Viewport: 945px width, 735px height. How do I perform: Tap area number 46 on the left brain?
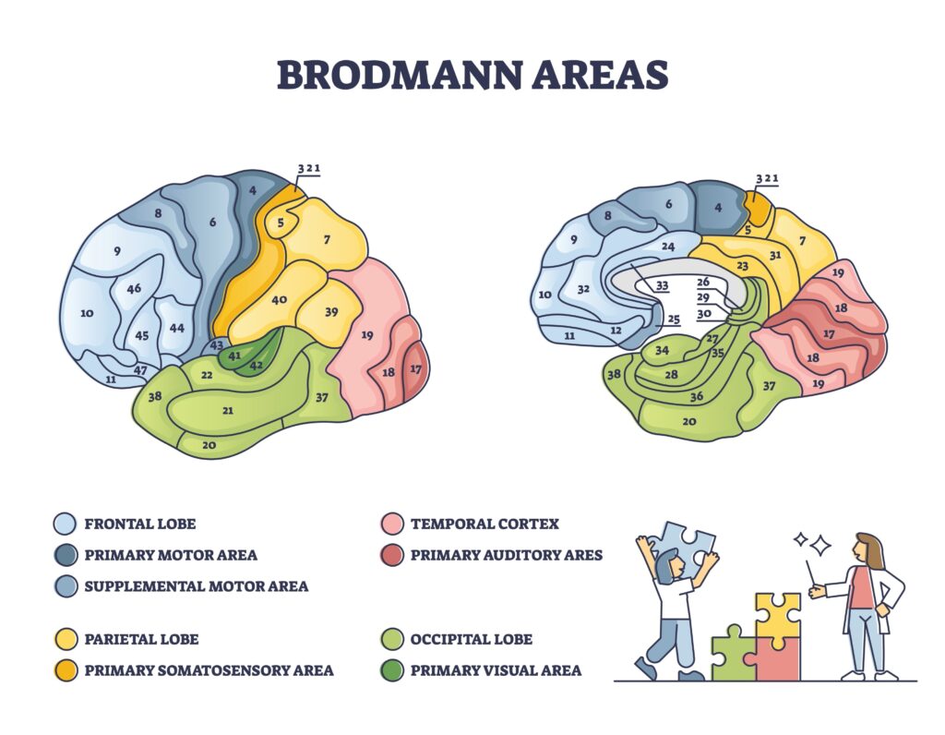point(134,289)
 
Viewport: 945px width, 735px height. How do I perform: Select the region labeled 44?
point(176,328)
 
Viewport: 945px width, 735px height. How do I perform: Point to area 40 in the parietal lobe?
point(279,299)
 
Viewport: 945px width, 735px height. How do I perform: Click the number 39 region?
point(331,311)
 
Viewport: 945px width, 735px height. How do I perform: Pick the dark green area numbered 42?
point(256,365)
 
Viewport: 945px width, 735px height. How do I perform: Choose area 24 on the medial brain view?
point(667,247)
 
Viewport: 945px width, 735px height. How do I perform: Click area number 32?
point(583,289)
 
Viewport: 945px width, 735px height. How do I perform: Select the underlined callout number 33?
point(662,286)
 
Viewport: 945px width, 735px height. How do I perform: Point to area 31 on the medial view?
point(775,255)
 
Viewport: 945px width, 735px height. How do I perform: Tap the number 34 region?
point(662,350)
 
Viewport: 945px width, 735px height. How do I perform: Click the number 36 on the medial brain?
point(697,397)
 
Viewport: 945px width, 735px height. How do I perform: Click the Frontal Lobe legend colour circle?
point(64,524)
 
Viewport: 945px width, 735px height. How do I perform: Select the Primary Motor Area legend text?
point(171,555)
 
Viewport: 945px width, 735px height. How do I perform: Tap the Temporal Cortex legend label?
point(484,524)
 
